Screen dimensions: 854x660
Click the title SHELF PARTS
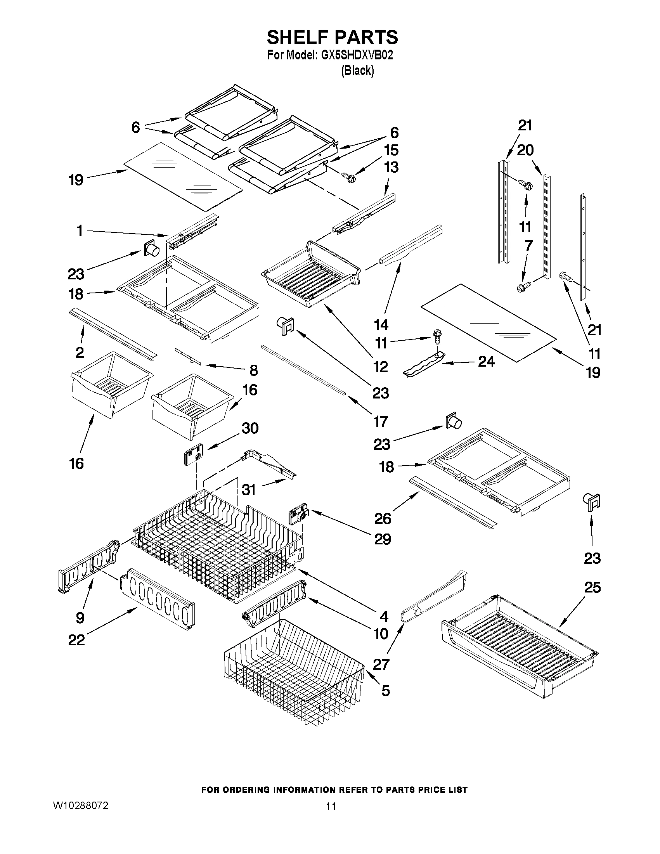point(332,37)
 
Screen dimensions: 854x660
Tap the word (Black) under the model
point(357,71)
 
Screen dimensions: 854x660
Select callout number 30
point(250,428)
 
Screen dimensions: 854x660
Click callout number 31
point(249,490)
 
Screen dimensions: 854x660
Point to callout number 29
point(382,539)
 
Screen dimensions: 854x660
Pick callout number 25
point(592,587)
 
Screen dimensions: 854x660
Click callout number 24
point(486,362)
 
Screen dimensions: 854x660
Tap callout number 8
point(253,370)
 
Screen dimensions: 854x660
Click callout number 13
point(391,167)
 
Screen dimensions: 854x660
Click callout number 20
point(525,150)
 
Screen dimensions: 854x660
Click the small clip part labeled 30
point(192,454)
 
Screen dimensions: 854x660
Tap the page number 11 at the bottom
point(331,806)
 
